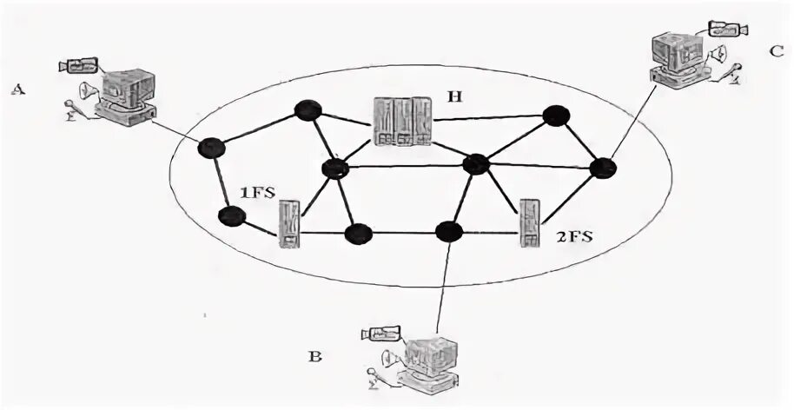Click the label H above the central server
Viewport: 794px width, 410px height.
point(453,97)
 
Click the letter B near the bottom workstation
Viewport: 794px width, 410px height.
point(315,356)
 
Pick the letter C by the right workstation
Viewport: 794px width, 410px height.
point(776,50)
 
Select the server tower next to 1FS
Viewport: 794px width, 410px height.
point(291,224)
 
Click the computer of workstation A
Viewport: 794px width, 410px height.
point(126,96)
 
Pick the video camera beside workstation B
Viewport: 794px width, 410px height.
point(380,333)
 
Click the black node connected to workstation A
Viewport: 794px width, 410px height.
point(208,148)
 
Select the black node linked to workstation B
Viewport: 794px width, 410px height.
point(448,231)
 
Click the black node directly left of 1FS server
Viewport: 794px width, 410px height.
point(230,215)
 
